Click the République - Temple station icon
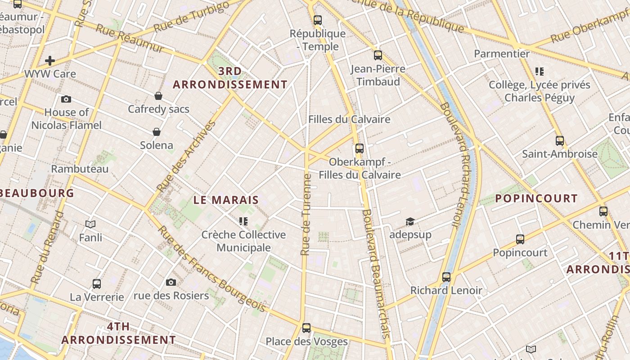coord(318,20)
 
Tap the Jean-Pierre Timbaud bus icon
coord(378,55)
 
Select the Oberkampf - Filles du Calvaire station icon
coord(359,148)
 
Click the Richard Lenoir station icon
coord(446,277)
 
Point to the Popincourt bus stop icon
coord(520,239)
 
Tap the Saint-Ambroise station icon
coord(559,141)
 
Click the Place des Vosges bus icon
coord(306,328)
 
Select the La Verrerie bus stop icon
coord(97,284)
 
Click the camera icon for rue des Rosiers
coord(171,282)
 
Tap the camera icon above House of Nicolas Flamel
coord(66,99)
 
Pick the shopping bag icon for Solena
coord(157,132)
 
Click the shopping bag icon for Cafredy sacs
coord(158,96)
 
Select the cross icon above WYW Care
coord(50,60)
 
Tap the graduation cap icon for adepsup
coord(410,221)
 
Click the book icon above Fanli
coord(90,224)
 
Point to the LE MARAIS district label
coord(226,200)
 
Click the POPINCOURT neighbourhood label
coord(536,198)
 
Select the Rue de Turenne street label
coord(306,215)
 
